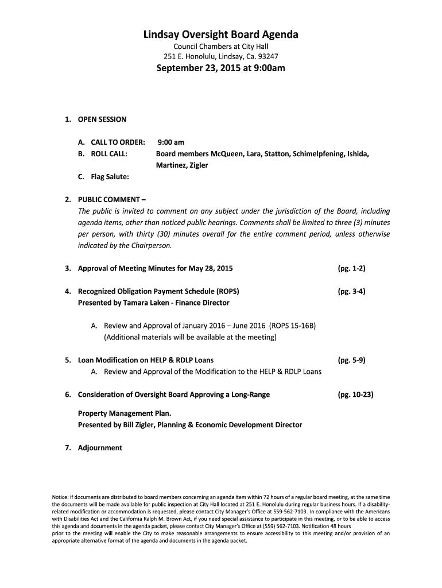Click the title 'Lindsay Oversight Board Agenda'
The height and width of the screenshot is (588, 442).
coord(221,35)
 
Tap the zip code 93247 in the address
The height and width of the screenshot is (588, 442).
coord(267,56)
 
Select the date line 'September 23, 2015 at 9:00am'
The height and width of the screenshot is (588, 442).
coord(221,69)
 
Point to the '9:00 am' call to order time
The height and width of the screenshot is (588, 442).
coord(172,142)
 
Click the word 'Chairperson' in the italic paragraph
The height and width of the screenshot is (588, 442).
coord(151,245)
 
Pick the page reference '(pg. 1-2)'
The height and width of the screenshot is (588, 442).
coord(352,268)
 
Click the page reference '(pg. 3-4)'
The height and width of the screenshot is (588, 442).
coord(352,291)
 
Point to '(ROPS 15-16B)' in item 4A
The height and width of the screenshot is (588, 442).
coord(293,326)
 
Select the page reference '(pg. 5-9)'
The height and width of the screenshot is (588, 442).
coord(352,360)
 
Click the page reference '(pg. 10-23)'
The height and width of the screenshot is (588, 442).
coord(356,394)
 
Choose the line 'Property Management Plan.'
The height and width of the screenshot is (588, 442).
coord(125,413)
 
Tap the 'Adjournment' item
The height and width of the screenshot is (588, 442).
coord(100,448)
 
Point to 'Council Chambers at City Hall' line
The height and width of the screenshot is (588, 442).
coord(221,46)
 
